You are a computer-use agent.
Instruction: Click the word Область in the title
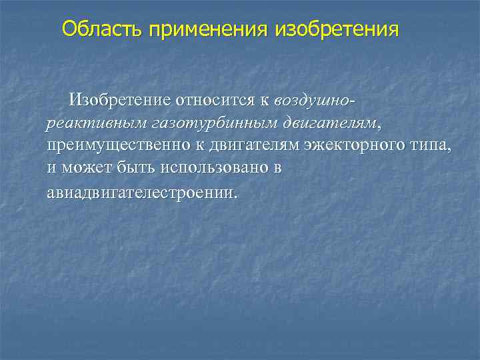point(103,29)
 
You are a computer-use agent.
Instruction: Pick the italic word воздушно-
point(314,101)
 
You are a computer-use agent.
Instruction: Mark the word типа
point(431,146)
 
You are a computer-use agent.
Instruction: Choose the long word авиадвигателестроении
point(141,193)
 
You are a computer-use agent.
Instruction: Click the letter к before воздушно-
point(265,101)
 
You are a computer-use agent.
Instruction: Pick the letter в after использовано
point(277,169)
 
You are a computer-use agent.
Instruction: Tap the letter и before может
point(52,169)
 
